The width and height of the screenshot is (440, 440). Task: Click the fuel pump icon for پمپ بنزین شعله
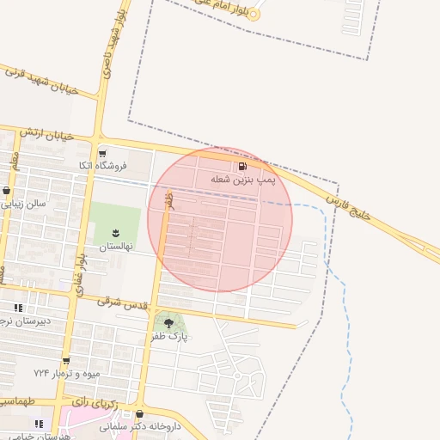coord(243,166)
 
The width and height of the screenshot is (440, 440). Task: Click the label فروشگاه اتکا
coord(102,165)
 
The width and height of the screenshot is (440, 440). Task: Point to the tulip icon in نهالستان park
coord(117,233)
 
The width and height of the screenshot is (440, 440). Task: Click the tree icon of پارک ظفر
coord(168,324)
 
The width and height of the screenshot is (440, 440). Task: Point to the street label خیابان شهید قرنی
coord(41,82)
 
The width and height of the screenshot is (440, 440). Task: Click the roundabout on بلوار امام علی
coord(254,15)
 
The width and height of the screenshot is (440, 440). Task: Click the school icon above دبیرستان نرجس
coord(19,308)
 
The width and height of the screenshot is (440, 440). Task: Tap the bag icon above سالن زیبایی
coord(8,191)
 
